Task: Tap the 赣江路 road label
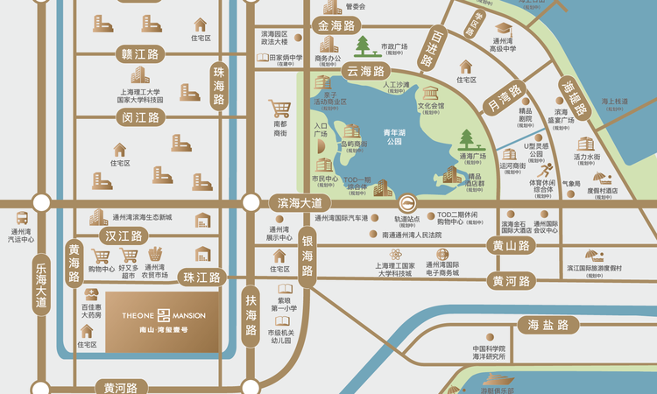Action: pos(140,53)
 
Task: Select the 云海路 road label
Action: pos(366,71)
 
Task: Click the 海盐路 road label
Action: pos(542,325)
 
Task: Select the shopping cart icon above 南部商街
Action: pos(280,109)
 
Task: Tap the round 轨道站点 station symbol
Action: pos(407,202)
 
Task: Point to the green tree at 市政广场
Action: pos(362,45)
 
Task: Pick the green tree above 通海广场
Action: pos(467,138)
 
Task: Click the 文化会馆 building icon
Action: pos(430,94)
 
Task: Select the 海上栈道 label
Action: pos(614,102)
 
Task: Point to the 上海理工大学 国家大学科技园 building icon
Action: pos(140,76)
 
